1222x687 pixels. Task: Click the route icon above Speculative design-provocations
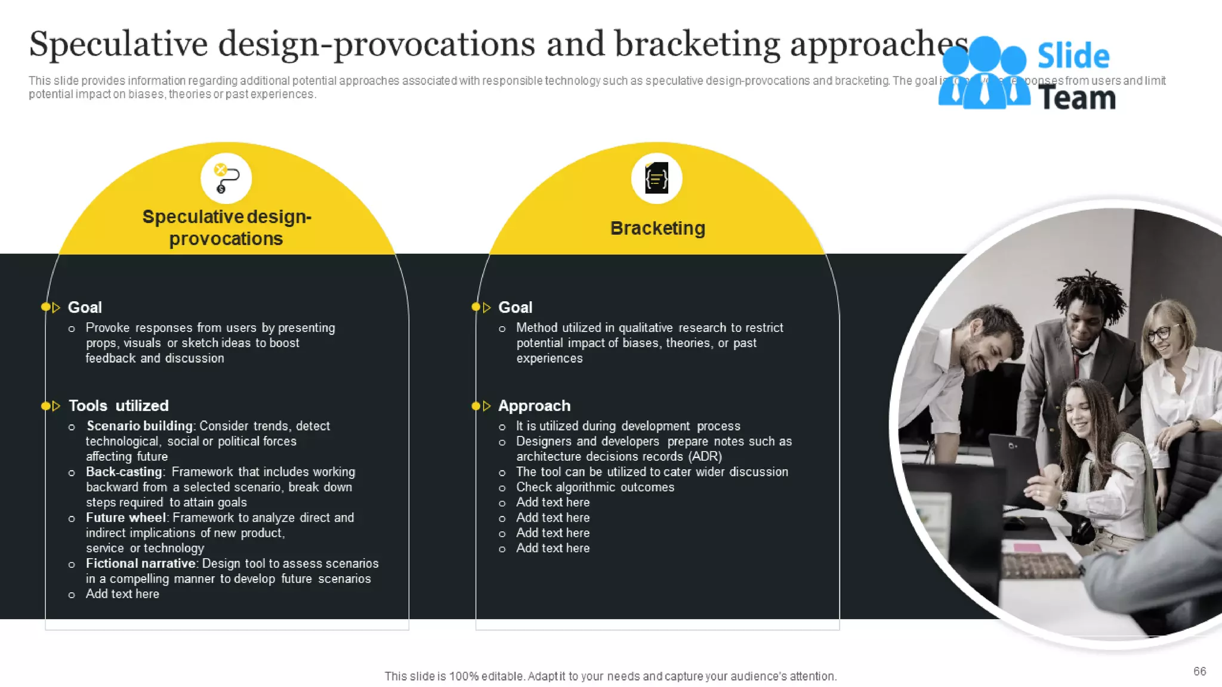(226, 178)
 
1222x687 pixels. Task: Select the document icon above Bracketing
(656, 178)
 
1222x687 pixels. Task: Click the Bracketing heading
(658, 228)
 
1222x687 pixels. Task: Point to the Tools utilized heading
(118, 406)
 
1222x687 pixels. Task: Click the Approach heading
(534, 406)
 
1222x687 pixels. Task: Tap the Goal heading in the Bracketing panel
(515, 308)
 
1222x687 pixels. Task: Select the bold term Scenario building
(140, 426)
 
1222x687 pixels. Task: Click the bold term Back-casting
(124, 472)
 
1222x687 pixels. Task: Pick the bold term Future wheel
(125, 518)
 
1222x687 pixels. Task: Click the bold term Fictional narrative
(141, 564)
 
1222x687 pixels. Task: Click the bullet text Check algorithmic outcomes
(595, 487)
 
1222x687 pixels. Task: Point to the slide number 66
(1199, 671)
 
